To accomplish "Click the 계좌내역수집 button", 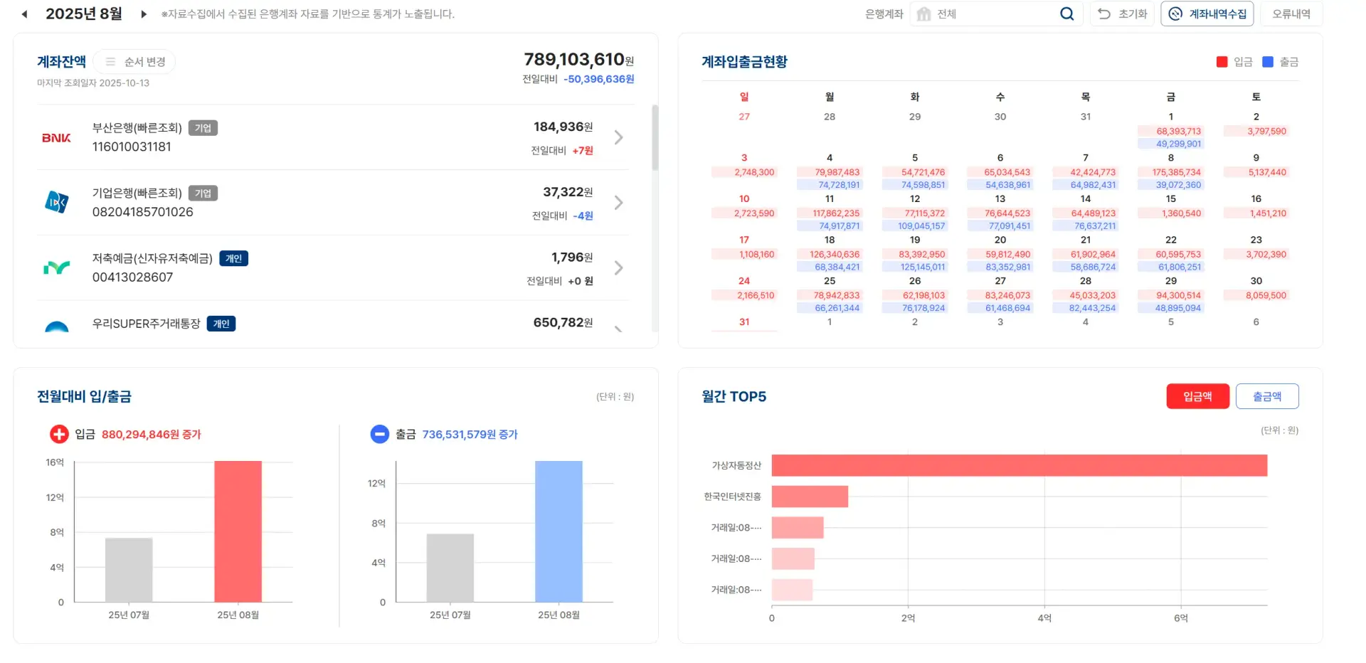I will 1207,14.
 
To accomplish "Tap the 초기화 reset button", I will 1123,14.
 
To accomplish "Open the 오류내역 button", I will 1291,14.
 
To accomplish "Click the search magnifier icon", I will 1066,14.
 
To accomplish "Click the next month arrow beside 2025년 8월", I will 144,14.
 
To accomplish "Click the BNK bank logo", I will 56,137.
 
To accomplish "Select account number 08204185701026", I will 142,212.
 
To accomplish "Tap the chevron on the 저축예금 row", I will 618,268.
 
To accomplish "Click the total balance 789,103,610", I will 573,60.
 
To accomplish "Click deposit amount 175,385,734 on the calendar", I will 1176,172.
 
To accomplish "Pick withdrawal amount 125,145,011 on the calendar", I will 922,267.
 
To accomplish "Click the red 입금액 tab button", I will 1197,396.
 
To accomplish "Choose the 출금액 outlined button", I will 1266,396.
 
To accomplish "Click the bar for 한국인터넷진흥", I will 810,497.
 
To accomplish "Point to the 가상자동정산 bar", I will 1019,465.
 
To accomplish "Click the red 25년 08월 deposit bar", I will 238,531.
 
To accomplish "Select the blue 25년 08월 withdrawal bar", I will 558,531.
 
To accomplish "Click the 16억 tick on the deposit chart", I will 55,462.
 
